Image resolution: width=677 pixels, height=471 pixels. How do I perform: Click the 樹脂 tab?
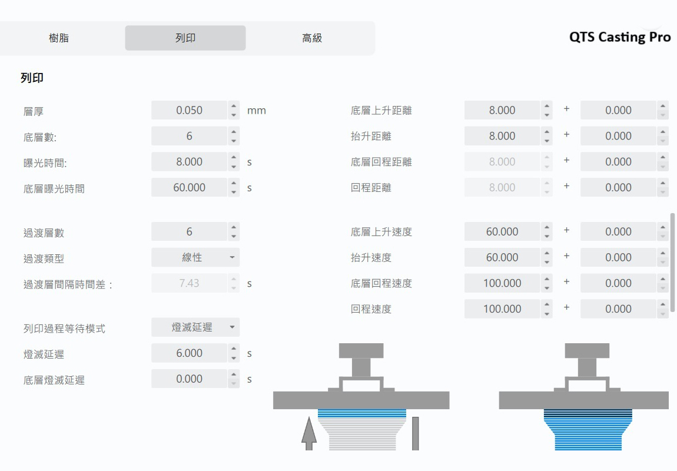point(59,38)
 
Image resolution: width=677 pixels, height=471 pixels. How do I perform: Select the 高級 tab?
point(311,38)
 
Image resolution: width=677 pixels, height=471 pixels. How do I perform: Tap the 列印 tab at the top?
point(185,38)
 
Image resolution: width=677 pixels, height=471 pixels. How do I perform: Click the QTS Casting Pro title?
point(619,37)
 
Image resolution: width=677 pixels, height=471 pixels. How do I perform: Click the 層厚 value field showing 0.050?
point(189,110)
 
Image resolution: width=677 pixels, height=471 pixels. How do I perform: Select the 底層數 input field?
point(189,136)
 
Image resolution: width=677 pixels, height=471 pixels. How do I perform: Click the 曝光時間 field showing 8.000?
point(189,162)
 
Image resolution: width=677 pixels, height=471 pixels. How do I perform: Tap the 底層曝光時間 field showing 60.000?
point(189,188)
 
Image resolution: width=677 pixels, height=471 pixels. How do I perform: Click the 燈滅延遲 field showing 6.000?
point(189,353)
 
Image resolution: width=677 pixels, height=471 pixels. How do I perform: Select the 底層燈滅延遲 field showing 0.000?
point(189,379)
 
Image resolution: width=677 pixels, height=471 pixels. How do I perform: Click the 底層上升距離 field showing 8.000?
point(502,110)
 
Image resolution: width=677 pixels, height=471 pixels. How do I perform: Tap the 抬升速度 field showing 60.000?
point(502,257)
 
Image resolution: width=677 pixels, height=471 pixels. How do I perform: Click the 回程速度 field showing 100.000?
point(502,309)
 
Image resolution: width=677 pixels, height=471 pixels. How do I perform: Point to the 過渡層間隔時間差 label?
point(68,284)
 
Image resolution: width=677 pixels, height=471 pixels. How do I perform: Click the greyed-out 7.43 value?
point(189,283)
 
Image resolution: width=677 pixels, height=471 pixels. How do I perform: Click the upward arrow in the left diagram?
point(308,433)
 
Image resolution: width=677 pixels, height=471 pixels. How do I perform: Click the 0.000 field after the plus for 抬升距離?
point(618,136)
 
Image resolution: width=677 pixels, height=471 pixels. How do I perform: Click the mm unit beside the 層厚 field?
point(257,111)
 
